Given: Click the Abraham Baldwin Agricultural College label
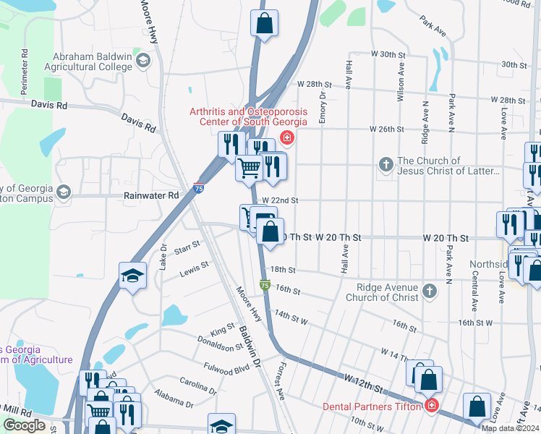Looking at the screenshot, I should tap(93, 61).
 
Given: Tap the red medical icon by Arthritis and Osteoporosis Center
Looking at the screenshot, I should tap(287, 137).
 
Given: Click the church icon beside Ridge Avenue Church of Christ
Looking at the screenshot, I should tap(430, 292).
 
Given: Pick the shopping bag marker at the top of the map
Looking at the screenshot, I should tap(265, 22).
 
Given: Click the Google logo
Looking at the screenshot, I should tap(24, 425).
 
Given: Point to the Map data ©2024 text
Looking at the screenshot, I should tap(510, 428).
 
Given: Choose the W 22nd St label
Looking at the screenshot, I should tap(280, 200).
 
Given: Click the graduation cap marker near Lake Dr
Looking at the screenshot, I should tap(133, 276).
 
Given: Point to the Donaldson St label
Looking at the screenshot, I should tap(219, 343).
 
